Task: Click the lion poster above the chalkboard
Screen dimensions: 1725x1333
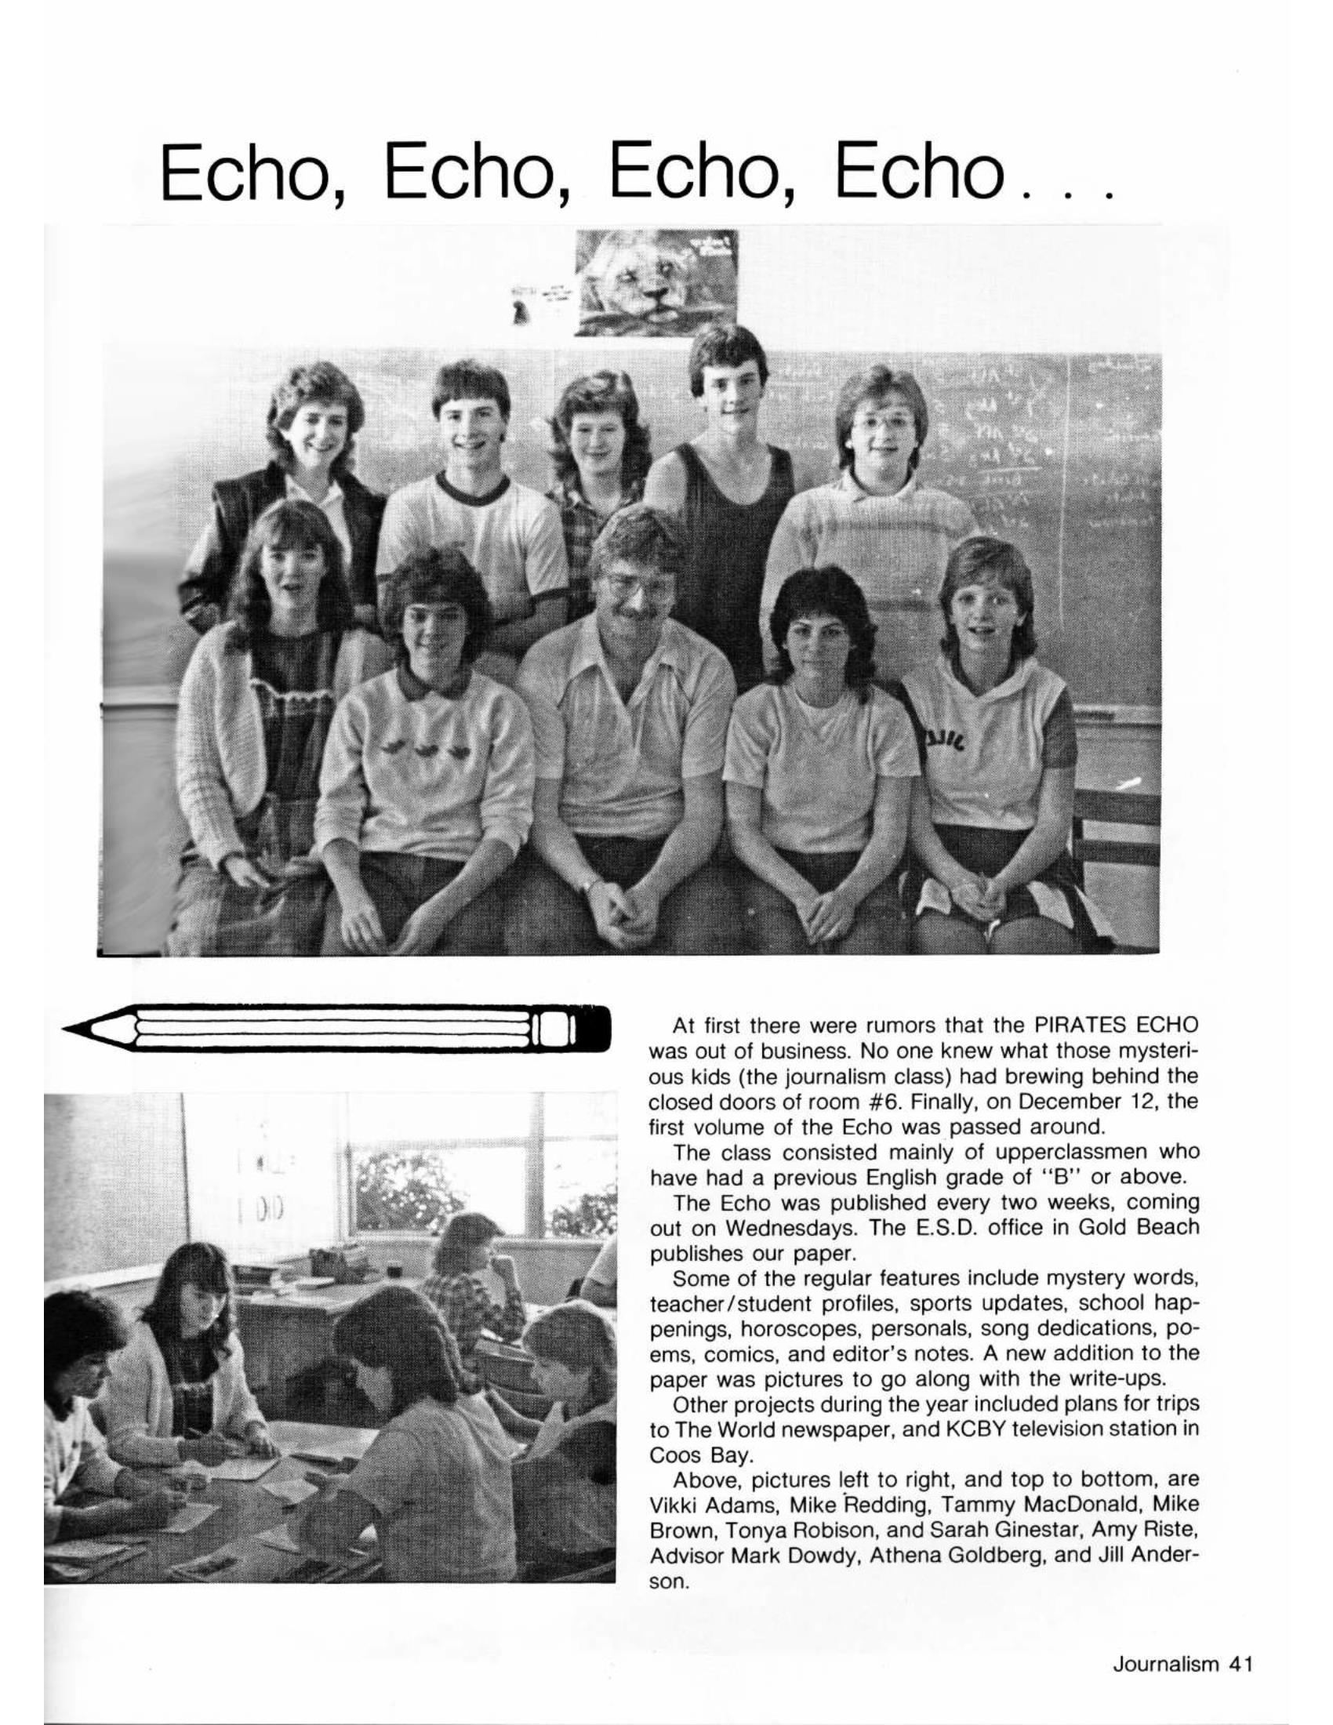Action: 657,282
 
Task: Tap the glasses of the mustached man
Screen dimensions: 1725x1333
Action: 640,588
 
